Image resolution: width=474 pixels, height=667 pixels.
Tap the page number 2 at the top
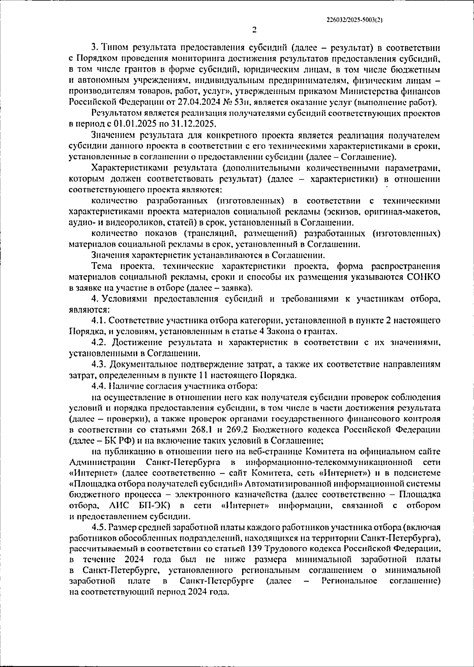click(x=254, y=30)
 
